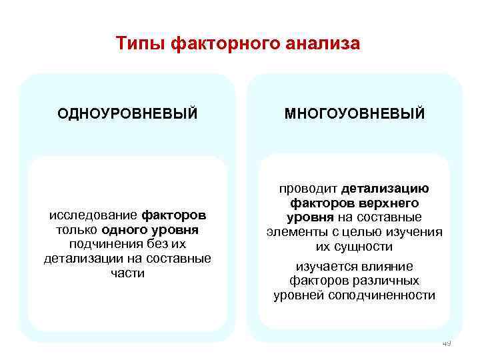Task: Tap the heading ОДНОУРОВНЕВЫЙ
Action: point(127,113)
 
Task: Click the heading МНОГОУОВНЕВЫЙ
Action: point(355,113)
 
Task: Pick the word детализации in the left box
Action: point(77,259)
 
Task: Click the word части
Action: point(127,273)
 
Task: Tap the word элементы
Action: point(293,232)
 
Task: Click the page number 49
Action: point(446,343)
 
